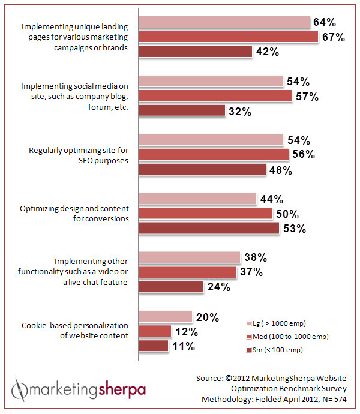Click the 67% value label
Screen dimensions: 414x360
pyautogui.click(x=333, y=37)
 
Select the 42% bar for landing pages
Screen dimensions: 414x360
pyautogui.click(x=196, y=52)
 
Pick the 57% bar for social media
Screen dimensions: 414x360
pyautogui.click(x=215, y=96)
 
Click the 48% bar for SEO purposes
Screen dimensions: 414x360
pyautogui.click(x=203, y=170)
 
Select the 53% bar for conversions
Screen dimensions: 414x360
pyautogui.click(x=209, y=228)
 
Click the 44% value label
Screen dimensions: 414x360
pyautogui.click(x=271, y=199)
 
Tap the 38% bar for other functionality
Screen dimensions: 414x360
pyautogui.click(x=190, y=258)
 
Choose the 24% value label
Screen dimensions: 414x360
pyautogui.click(x=218, y=287)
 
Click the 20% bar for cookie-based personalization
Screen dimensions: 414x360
pyautogui.click(x=166, y=317)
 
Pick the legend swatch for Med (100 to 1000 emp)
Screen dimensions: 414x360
pyautogui.click(x=249, y=336)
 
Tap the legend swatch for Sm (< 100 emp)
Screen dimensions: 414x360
pyautogui.click(x=249, y=350)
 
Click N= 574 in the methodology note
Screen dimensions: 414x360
pyautogui.click(x=342, y=400)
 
